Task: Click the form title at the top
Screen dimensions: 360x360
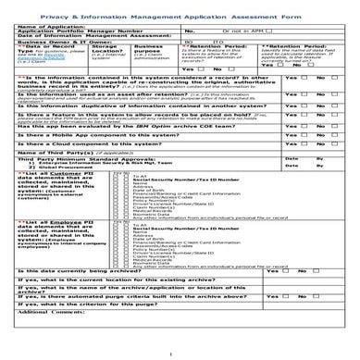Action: [x=179, y=17]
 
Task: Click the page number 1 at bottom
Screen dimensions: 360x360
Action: [x=179, y=351]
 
